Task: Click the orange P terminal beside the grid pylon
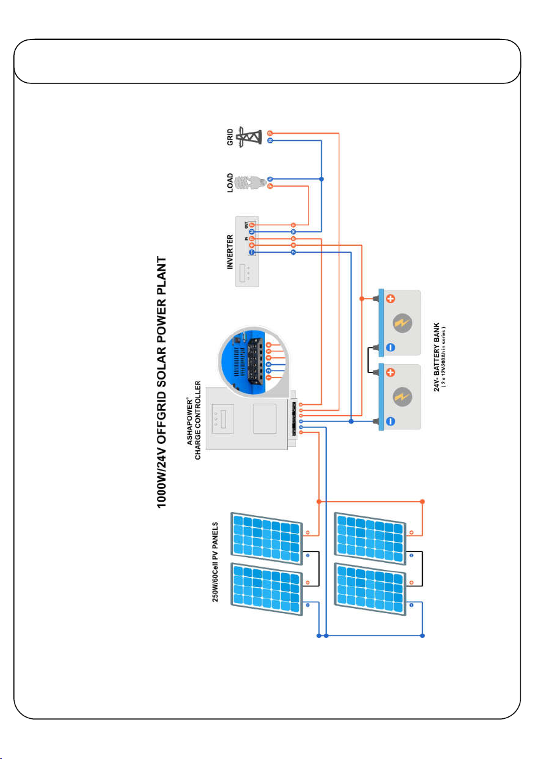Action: pyautogui.click(x=269, y=133)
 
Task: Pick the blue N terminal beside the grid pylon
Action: pyautogui.click(x=269, y=141)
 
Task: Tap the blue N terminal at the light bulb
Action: pyautogui.click(x=269, y=179)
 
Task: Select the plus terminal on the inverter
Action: pyautogui.click(x=252, y=245)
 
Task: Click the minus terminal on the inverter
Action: pyautogui.click(x=252, y=253)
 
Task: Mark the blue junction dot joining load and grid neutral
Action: pyautogui.click(x=322, y=179)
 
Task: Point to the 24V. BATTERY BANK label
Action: pyautogui.click(x=437, y=359)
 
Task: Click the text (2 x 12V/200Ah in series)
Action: pyautogui.click(x=445, y=359)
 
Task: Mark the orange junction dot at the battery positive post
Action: pyautogui.click(x=362, y=297)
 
